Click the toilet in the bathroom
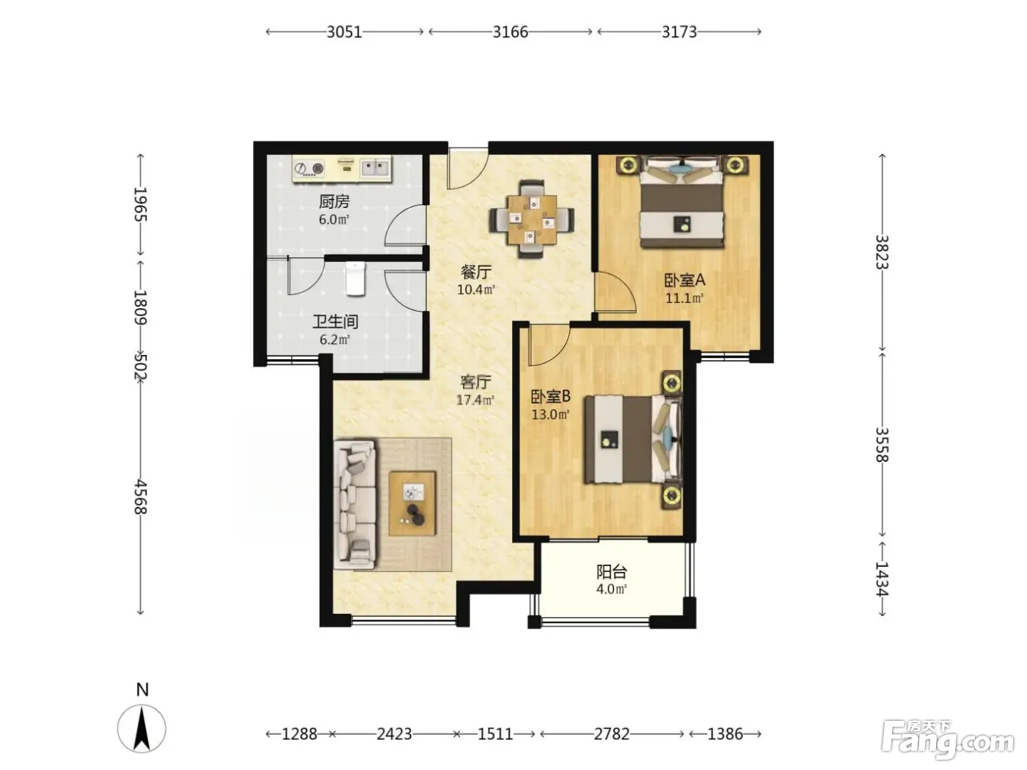(x=356, y=279)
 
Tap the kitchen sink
(x=376, y=168)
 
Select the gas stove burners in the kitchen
(x=310, y=168)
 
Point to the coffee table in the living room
(x=412, y=503)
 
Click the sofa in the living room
(x=354, y=504)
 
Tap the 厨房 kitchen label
(x=334, y=202)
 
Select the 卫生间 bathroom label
(x=335, y=322)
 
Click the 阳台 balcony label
(x=612, y=572)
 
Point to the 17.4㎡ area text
(x=475, y=400)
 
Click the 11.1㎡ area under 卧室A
(x=684, y=298)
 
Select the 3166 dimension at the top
(x=511, y=32)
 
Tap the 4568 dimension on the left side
(x=140, y=496)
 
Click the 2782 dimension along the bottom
(x=612, y=734)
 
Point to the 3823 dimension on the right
(x=882, y=252)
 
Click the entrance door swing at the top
(x=468, y=169)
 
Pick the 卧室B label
(x=550, y=397)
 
